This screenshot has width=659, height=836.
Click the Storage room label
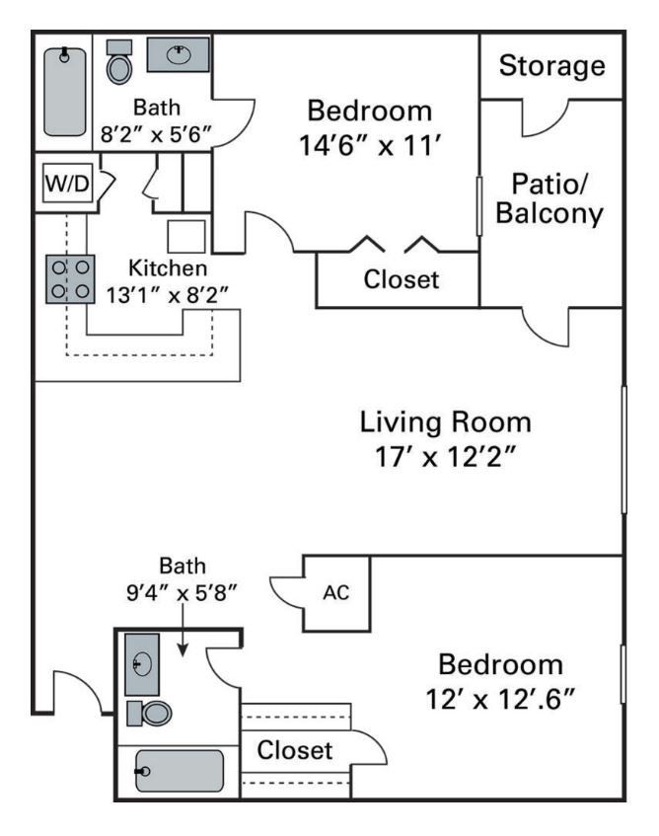coord(551,67)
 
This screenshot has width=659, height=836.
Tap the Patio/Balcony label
coord(549,198)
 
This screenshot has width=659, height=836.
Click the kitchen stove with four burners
coord(71,277)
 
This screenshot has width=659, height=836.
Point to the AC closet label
coord(334,595)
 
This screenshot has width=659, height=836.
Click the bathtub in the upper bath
coord(66,91)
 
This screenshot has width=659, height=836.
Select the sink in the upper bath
coord(178,55)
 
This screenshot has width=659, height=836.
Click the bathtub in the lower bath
coord(179,771)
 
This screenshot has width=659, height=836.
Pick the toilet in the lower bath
coord(151,712)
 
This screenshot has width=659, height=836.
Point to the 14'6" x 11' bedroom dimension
coord(368,146)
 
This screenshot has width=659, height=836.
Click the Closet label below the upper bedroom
coord(401,279)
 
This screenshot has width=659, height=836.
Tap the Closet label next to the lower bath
coord(295,750)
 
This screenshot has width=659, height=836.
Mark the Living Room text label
coord(444,422)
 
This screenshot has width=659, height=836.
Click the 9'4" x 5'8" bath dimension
coord(184,594)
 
